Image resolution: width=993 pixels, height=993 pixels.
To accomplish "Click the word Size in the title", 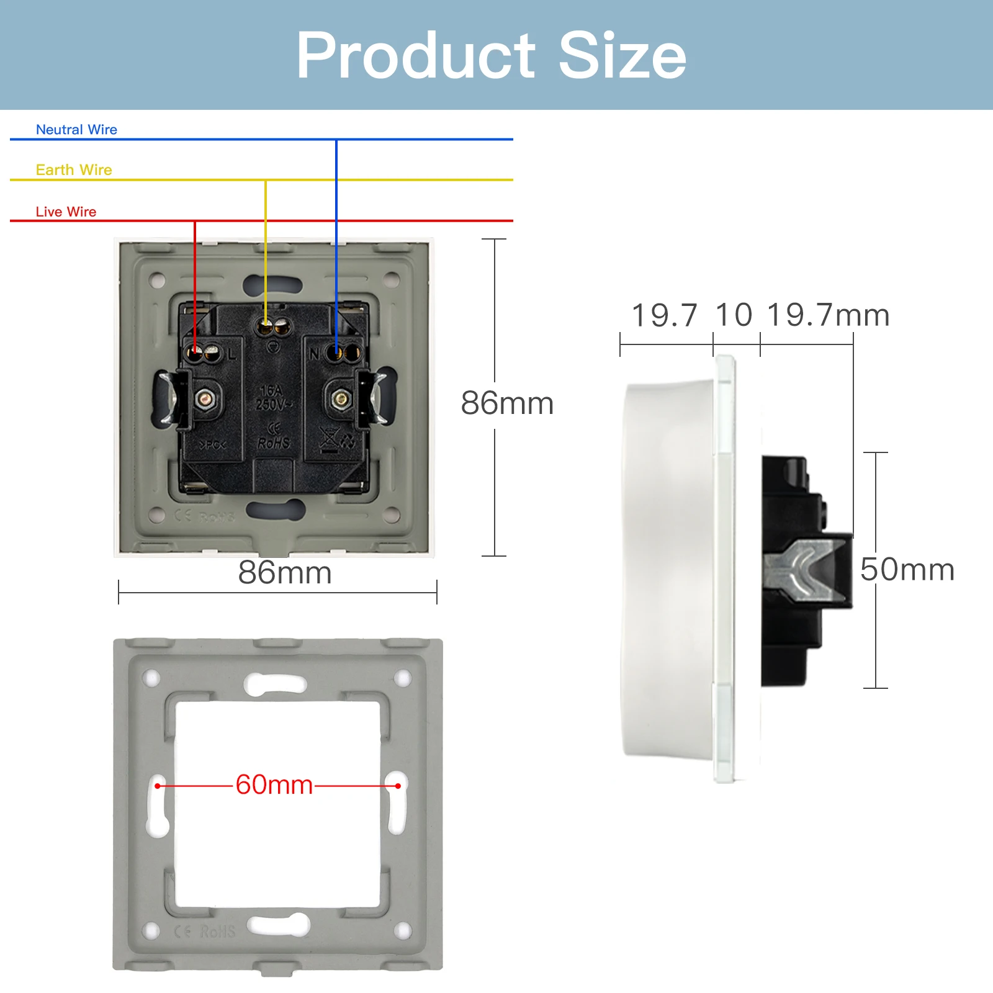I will (x=622, y=56).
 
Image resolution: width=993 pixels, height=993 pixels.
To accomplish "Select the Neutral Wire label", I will (x=76, y=130).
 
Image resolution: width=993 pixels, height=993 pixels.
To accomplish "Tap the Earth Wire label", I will (x=74, y=170).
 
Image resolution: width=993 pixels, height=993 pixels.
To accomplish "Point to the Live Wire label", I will (x=66, y=212).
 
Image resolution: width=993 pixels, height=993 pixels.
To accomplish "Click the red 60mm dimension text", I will (x=274, y=785).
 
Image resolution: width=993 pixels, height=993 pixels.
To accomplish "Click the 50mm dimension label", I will (x=907, y=570).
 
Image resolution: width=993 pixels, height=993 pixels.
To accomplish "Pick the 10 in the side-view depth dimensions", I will (x=734, y=315).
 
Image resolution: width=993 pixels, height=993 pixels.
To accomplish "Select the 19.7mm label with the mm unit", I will (x=828, y=315).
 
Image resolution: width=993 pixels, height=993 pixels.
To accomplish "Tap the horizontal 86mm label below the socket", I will (x=285, y=572).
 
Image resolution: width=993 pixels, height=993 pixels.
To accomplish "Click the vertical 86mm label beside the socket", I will (x=507, y=403).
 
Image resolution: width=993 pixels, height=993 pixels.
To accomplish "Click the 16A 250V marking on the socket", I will (x=271, y=398).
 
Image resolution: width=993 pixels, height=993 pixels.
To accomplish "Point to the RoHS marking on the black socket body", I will (x=274, y=443).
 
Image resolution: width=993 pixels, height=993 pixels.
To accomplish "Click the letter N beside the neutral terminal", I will (x=314, y=354).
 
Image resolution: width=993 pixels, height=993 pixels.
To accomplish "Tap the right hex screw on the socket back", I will (x=340, y=399).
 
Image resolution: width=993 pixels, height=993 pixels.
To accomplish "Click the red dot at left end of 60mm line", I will (x=158, y=786).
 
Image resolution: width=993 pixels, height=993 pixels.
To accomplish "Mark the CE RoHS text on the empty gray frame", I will (x=205, y=932).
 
